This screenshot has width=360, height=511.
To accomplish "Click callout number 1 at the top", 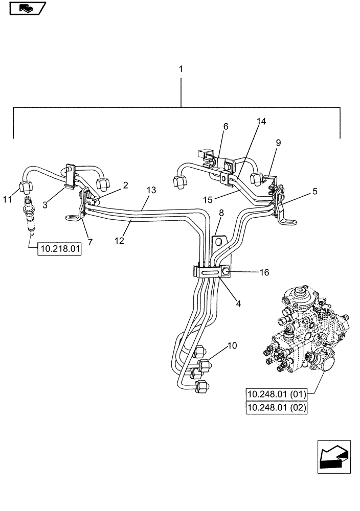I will click(181, 68).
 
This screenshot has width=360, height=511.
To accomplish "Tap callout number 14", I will click(261, 122).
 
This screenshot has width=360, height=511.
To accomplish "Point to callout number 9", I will click(278, 144).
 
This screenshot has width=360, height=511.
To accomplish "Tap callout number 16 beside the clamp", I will click(263, 273).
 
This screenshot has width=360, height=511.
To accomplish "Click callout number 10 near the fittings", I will click(232, 346).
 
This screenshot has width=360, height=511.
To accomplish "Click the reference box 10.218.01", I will click(59, 250).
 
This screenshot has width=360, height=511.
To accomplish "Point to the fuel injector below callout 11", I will click(28, 215).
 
